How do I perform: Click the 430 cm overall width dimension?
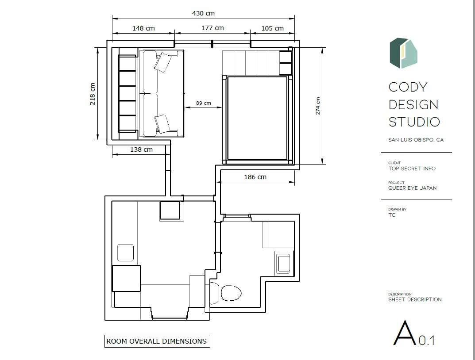coord(203,13)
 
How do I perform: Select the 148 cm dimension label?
coord(143,28)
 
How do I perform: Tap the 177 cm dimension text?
coord(212,28)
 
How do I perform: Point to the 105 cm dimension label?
coord(273,28)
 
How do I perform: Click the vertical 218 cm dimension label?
coord(93,94)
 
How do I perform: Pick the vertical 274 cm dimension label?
coord(318,106)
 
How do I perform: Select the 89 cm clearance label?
coord(204,103)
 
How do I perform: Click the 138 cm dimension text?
coord(142,149)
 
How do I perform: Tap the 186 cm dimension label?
coord(255,177)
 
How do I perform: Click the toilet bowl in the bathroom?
coord(231,293)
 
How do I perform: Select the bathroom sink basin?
coord(284,264)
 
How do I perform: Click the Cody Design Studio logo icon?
coord(403,53)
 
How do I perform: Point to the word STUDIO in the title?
coord(414,122)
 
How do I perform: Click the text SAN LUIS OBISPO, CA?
coord(416,140)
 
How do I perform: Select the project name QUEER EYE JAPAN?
coord(413,188)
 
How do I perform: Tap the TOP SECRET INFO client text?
coord(412,169)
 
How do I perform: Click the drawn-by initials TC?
coord(392,215)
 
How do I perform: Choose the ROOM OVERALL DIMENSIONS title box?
coord(157,341)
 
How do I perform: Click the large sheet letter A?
coord(405,333)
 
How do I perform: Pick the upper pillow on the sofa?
coord(163,62)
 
